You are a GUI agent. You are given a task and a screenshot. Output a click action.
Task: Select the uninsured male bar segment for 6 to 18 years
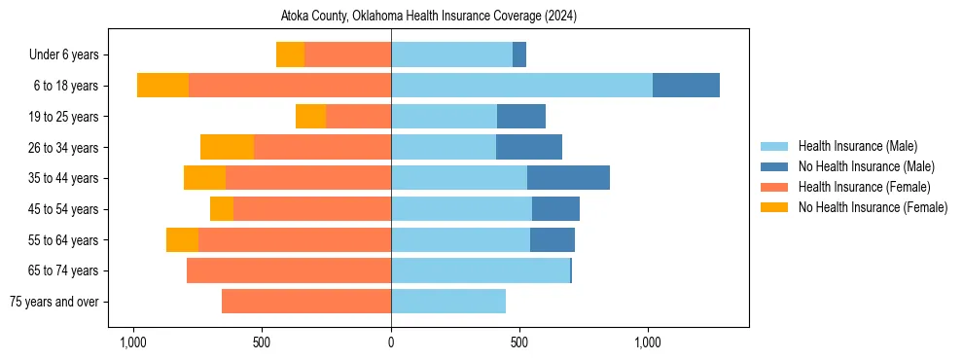(686, 86)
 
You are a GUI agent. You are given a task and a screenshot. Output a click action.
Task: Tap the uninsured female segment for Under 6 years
(290, 54)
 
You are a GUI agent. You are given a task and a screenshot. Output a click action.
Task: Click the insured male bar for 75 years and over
(448, 302)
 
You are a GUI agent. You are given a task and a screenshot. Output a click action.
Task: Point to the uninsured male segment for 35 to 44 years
(568, 178)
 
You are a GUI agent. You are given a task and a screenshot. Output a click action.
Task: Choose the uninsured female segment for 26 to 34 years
(227, 147)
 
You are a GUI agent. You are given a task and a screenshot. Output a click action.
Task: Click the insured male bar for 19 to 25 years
(444, 117)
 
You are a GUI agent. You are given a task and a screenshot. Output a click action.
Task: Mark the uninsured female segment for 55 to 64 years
(182, 239)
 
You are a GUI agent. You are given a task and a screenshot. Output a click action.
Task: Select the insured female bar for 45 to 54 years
(312, 209)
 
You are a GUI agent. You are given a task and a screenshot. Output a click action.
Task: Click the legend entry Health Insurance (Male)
(857, 146)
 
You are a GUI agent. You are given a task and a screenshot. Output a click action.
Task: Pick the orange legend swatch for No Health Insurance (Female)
(774, 207)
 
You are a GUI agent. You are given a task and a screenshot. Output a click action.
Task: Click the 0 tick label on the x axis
(391, 342)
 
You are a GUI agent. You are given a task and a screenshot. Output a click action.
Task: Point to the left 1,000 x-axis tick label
(132, 342)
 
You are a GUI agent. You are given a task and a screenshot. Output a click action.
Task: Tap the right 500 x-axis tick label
(519, 342)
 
